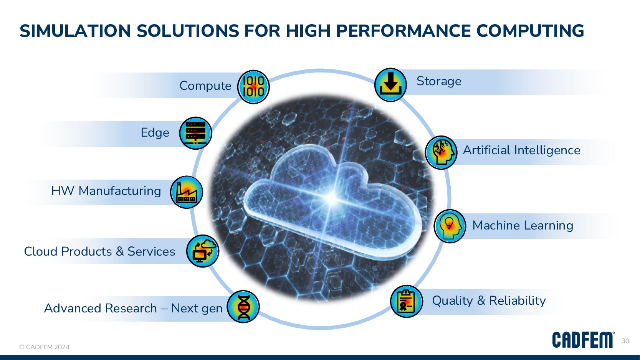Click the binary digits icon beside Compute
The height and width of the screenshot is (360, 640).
(253, 87)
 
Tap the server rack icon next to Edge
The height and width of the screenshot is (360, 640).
(195, 133)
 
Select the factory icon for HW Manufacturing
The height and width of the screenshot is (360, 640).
(187, 192)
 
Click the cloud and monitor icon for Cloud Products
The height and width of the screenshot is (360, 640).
(203, 251)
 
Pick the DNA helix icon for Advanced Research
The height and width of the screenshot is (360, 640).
(243, 307)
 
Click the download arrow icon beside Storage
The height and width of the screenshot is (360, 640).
(390, 85)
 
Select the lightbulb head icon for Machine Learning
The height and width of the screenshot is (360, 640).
(450, 226)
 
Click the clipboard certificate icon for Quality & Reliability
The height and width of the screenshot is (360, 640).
(406, 301)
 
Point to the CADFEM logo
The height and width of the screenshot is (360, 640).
(583, 340)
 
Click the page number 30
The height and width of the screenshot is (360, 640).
(625, 341)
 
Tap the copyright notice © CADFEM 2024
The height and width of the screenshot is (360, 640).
(45, 347)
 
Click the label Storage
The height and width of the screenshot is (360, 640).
(439, 81)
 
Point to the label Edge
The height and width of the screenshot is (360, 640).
(155, 133)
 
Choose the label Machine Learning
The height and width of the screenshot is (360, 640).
(523, 225)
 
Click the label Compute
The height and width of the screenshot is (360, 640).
(205, 86)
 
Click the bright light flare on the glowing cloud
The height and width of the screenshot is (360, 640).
(332, 198)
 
